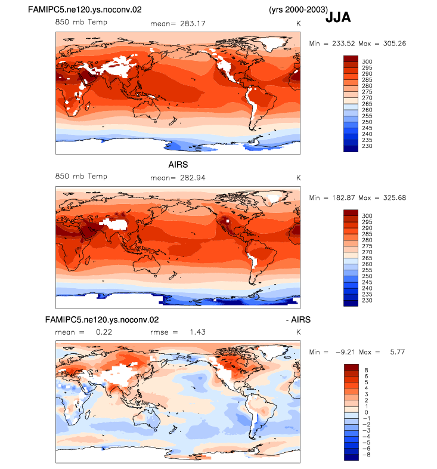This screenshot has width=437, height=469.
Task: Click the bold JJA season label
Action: [x=338, y=17]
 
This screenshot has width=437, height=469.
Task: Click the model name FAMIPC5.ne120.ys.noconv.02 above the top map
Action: [x=85, y=10]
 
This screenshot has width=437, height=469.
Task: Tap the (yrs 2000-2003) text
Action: [x=298, y=10]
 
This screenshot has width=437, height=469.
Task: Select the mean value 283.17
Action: [x=193, y=24]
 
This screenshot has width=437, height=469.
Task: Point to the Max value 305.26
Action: [x=395, y=44]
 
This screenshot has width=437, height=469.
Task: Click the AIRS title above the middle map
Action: [x=178, y=165]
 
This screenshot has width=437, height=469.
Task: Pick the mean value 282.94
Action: [x=193, y=178]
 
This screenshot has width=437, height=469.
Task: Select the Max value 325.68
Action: [x=395, y=198]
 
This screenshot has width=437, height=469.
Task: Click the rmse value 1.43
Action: [x=197, y=332]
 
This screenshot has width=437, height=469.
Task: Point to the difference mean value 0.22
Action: [x=104, y=332]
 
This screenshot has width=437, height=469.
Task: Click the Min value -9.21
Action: [x=346, y=352]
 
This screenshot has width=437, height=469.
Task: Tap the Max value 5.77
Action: [x=398, y=352]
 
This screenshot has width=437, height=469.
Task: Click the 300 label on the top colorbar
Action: [x=367, y=61]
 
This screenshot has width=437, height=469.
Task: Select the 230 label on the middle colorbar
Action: [x=367, y=300]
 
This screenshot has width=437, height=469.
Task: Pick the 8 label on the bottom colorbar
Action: [x=366, y=371]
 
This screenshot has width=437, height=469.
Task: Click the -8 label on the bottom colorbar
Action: [x=366, y=455]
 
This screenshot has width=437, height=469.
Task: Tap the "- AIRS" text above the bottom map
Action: [x=298, y=320]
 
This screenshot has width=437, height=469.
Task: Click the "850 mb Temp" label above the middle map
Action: [x=81, y=176]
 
